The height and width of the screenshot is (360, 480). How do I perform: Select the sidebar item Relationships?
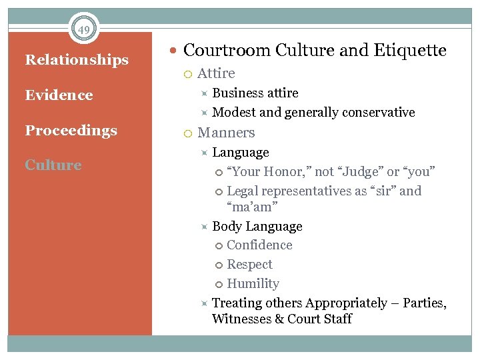pyautogui.click(x=77, y=60)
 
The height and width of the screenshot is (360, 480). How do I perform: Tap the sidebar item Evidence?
pyautogui.click(x=59, y=95)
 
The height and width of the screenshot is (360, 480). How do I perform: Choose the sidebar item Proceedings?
pyautogui.click(x=71, y=131)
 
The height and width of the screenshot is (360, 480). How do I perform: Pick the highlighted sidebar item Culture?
pyautogui.click(x=53, y=165)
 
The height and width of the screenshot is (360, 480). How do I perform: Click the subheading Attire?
pyautogui.click(x=216, y=73)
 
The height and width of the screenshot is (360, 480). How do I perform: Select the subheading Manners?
pyautogui.click(x=226, y=133)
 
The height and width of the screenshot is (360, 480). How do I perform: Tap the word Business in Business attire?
pyautogui.click(x=235, y=93)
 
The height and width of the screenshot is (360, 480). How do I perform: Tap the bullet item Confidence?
pyautogui.click(x=259, y=245)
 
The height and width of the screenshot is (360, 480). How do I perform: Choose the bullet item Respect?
pyautogui.click(x=249, y=265)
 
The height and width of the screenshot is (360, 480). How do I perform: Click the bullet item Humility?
pyautogui.click(x=253, y=284)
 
